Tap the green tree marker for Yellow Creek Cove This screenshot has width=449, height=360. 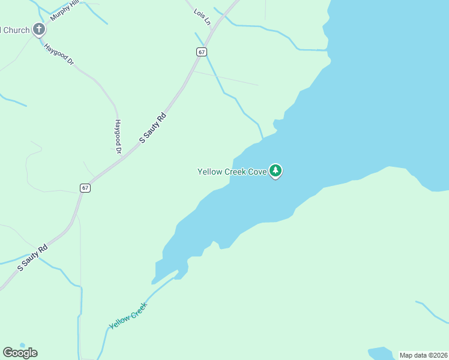pyautogui.click(x=276, y=171)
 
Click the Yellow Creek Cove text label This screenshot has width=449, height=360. pyautogui.click(x=232, y=172)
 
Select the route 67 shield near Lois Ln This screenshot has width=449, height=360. pyautogui.click(x=202, y=52)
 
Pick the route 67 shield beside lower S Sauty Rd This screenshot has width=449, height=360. pyautogui.click(x=85, y=188)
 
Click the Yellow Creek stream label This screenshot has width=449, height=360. pyautogui.click(x=128, y=316)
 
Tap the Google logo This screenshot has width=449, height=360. pyautogui.click(x=20, y=353)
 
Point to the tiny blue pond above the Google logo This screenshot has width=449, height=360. pyautogui.click(x=22, y=345)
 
